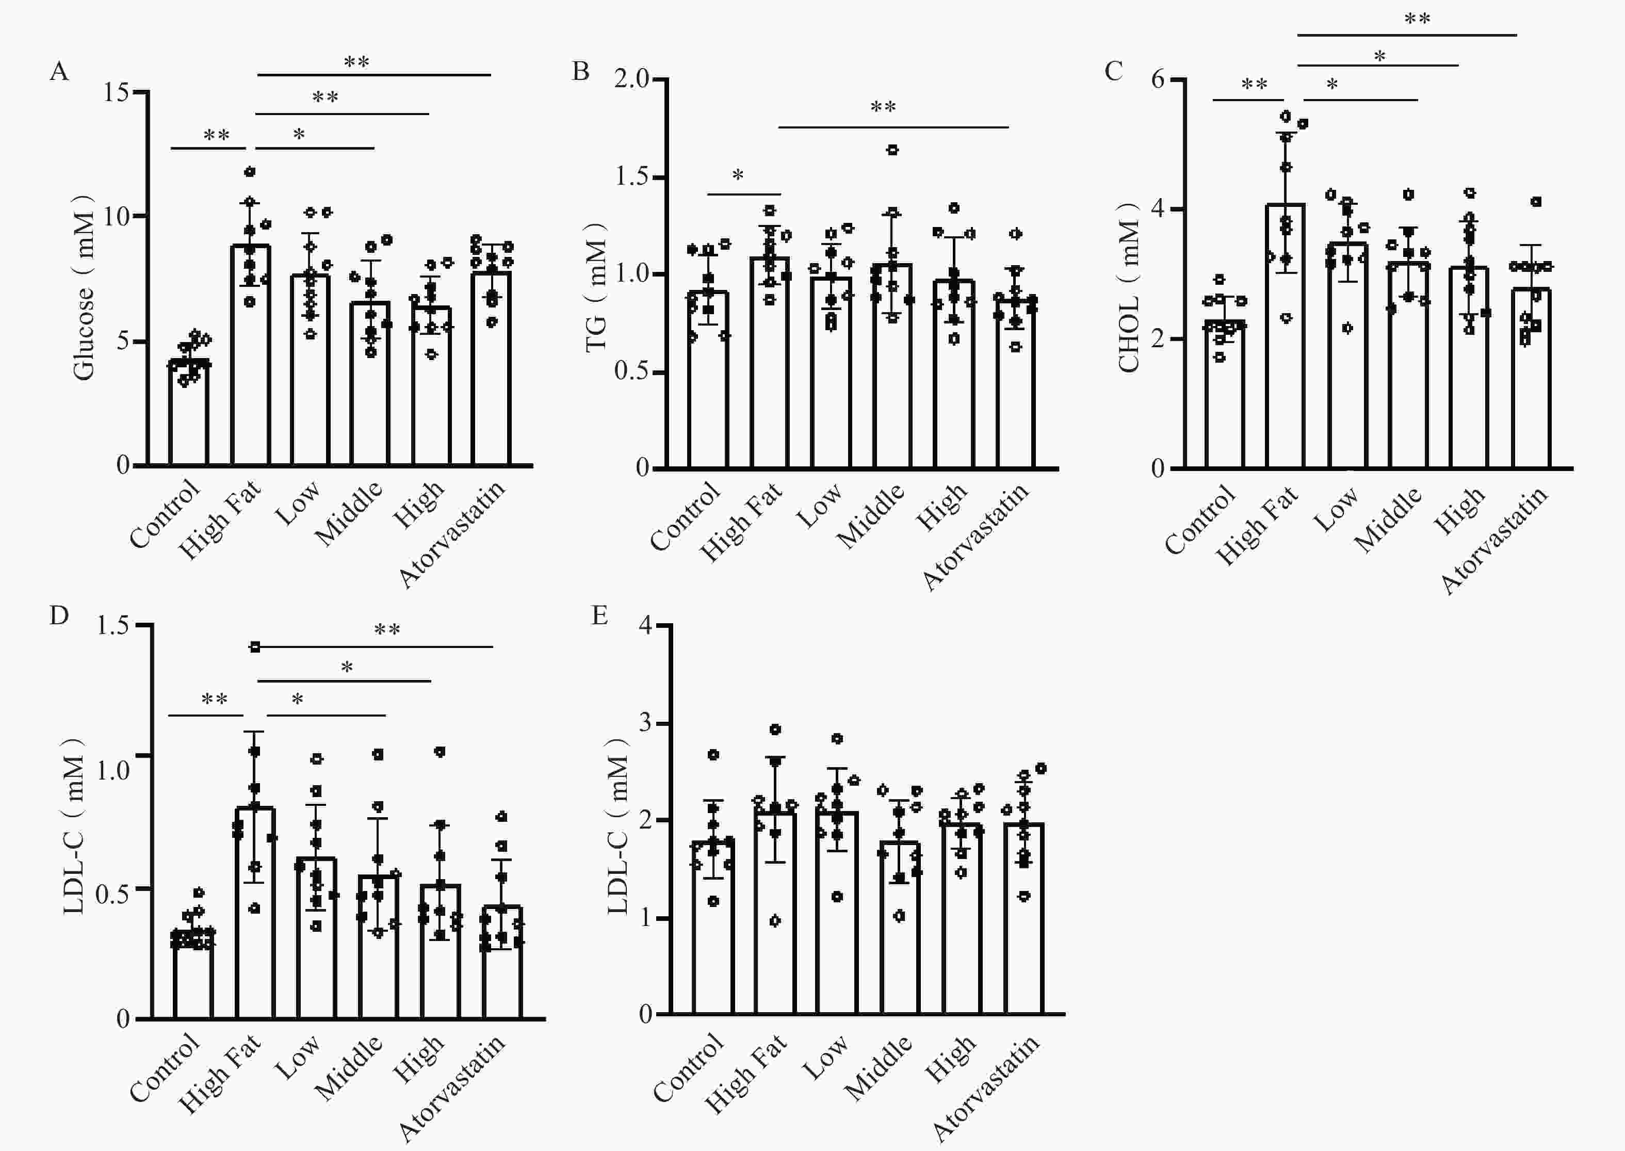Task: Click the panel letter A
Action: point(59,72)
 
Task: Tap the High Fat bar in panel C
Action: point(1286,340)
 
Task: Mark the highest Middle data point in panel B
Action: point(893,150)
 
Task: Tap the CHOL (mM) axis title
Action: point(1128,287)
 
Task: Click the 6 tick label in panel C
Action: point(1157,79)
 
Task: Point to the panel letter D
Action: point(59,615)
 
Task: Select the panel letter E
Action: point(599,615)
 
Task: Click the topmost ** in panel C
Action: point(1417,19)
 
